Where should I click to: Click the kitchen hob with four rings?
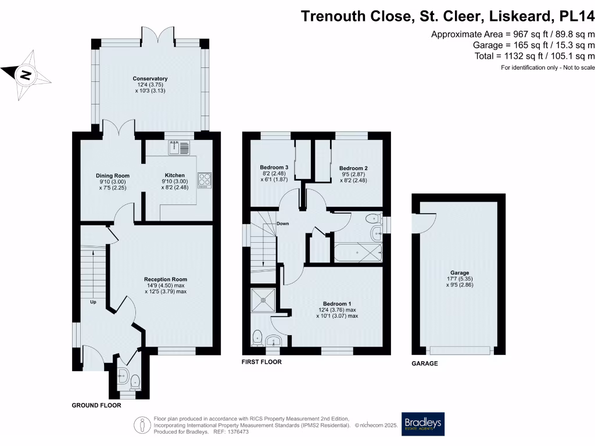tap(205, 180)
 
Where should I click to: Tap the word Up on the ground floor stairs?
tap(93, 302)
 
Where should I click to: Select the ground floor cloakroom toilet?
tap(135, 382)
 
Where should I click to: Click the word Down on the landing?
tap(283, 224)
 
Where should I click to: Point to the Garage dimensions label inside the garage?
tap(459, 279)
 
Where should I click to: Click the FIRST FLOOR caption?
tap(261, 362)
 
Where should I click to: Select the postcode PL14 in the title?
tap(574, 16)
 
